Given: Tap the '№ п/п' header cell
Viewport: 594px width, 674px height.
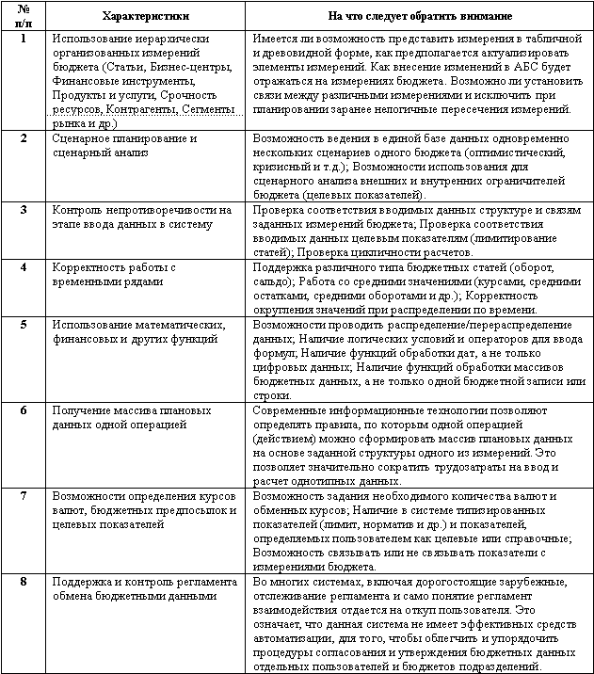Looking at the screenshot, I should click(23, 17).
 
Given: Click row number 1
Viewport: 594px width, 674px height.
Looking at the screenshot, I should click(23, 40).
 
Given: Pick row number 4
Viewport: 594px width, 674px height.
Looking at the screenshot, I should click(23, 267).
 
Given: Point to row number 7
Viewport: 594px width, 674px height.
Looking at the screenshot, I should click(23, 493).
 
